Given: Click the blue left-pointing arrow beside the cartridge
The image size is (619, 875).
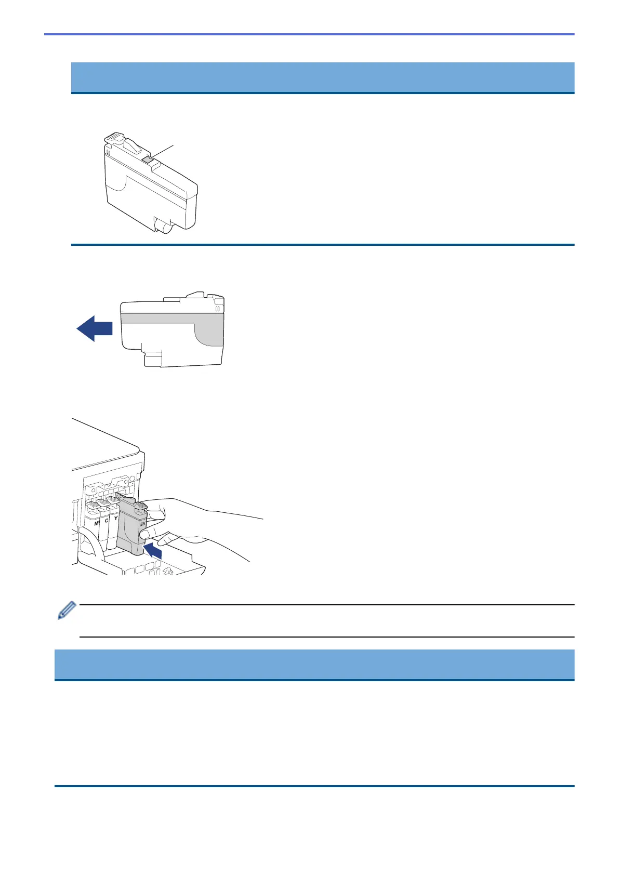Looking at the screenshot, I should point(95,329).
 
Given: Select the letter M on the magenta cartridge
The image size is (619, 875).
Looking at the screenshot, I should point(96,523).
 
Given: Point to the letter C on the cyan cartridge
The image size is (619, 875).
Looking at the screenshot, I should point(106,520).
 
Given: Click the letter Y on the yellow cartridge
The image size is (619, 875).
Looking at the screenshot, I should point(115,518).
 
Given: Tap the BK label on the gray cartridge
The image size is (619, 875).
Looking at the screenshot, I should point(143,524).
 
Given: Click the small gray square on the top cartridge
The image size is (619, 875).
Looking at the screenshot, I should point(147,159).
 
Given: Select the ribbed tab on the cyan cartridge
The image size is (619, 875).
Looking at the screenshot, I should point(102,502).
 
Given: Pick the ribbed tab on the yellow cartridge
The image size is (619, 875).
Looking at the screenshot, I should point(112,500).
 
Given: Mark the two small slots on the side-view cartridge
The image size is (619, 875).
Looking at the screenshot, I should point(218,308).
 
